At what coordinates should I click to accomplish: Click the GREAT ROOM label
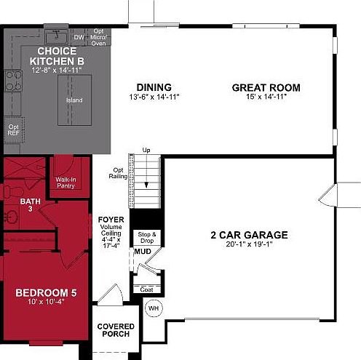[x=266, y=88]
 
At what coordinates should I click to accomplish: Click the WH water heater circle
[x=154, y=308]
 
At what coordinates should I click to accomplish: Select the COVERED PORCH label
[x=114, y=330]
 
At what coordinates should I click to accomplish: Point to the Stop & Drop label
[x=148, y=237]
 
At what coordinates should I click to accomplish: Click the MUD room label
[x=142, y=252]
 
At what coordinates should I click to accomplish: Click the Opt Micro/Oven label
[x=99, y=36]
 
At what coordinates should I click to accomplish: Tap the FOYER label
[x=111, y=218]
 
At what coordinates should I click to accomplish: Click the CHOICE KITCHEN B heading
[x=56, y=56]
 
